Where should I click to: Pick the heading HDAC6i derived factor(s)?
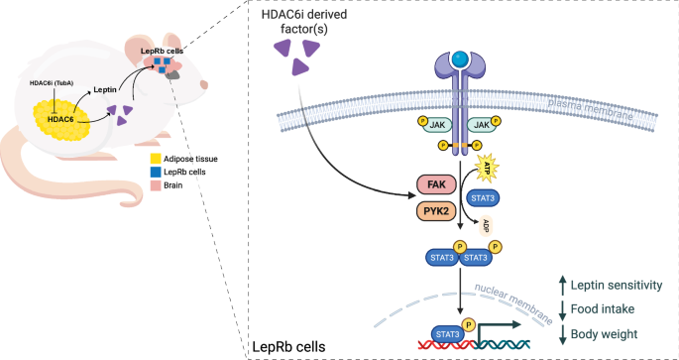tap(311, 30)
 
